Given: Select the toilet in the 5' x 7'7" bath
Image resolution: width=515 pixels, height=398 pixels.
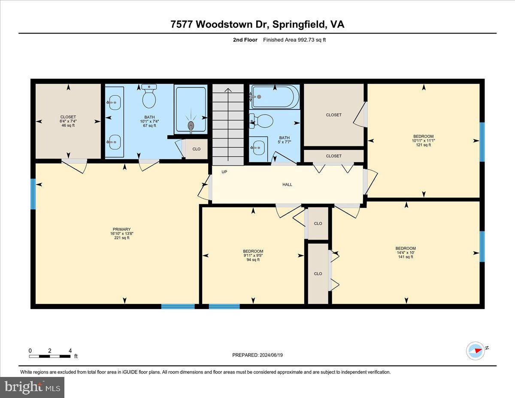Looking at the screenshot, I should tap(262, 121).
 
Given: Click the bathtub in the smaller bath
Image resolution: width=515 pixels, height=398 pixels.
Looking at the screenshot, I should tap(275, 97).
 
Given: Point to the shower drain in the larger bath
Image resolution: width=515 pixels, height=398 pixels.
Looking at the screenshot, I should tap(191, 125).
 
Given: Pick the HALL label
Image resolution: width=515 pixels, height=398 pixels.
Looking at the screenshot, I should tap(287, 185).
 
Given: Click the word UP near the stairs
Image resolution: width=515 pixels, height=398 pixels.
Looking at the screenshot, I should tap(224, 172).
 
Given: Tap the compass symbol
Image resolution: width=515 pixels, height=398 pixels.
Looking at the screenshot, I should tap(476, 350).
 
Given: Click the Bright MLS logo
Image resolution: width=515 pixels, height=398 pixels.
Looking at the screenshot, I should tap(32, 387).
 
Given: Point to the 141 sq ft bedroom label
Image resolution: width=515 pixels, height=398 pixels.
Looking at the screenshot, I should tap(406, 252).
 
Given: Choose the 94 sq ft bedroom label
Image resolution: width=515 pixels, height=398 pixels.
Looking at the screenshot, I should tap(253, 255).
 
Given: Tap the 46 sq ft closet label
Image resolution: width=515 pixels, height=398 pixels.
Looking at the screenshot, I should tap(68, 121).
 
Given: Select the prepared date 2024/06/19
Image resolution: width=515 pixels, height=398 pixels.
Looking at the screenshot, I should tap(257, 355).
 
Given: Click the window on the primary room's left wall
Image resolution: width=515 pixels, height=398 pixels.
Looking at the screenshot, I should tap(33, 194).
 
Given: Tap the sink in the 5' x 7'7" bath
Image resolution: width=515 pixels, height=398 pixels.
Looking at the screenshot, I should tap(258, 149).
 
